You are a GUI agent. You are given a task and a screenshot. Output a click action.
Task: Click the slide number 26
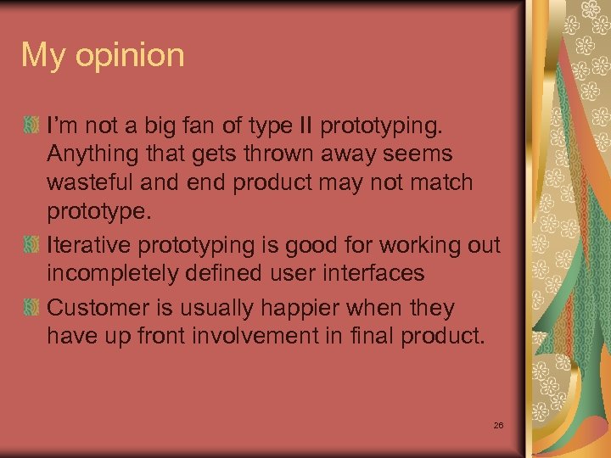(x=498, y=424)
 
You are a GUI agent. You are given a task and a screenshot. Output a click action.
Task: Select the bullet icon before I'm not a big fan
(x=31, y=126)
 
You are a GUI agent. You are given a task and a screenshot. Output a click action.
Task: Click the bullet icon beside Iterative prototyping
(x=31, y=246)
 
